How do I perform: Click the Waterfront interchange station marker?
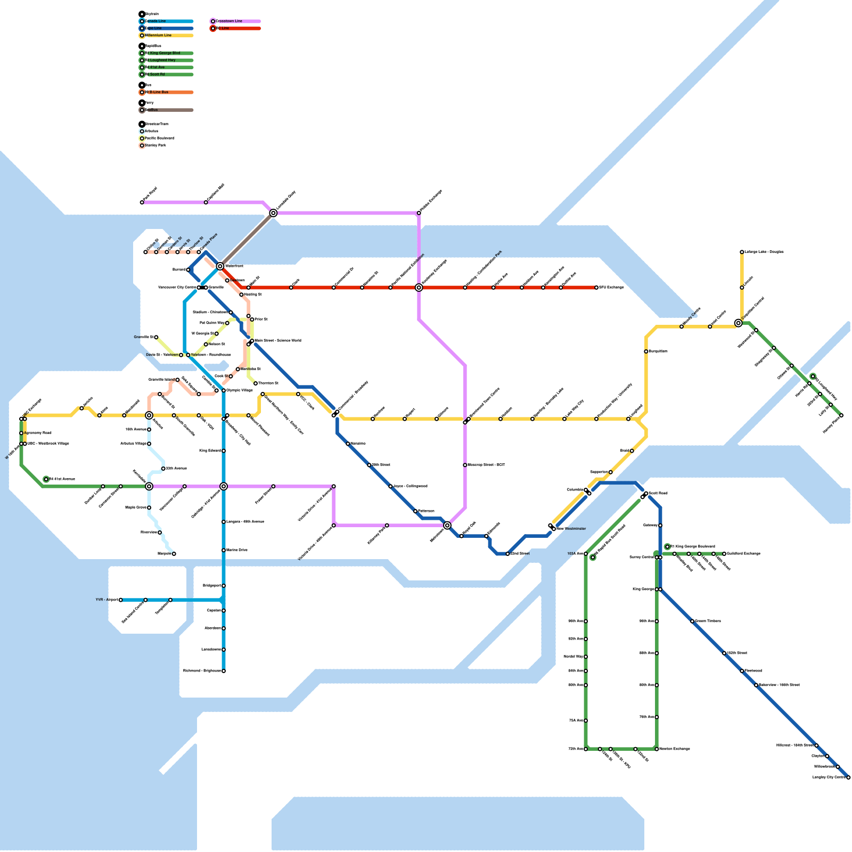[220, 266]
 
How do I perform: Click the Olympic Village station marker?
[224, 390]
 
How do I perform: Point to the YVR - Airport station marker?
[121, 600]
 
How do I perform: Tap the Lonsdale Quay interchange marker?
[273, 213]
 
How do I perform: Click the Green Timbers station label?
[708, 621]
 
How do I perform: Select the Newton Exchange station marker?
[657, 749]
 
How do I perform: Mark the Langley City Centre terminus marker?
[848, 777]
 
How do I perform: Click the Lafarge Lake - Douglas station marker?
[742, 252]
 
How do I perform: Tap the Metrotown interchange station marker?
[447, 526]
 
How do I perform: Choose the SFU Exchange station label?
[611, 288]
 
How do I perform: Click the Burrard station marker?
[188, 270]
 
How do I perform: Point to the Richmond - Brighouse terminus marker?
[224, 671]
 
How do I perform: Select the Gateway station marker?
[660, 526]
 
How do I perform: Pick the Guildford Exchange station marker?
[724, 554]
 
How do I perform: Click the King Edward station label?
[210, 451]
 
